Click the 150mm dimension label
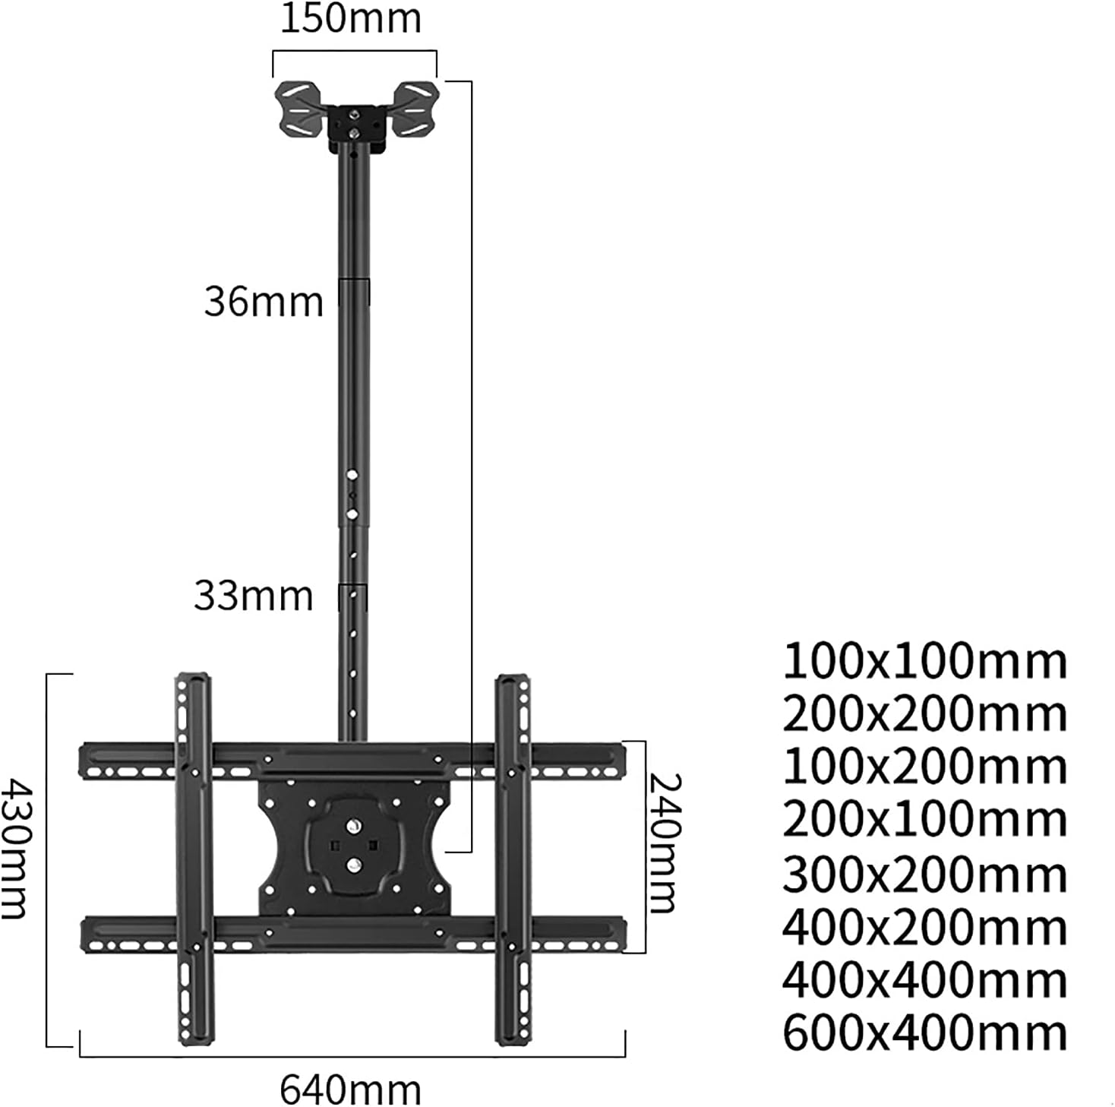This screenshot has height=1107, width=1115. (351, 19)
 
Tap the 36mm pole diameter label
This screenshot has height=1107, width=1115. (264, 302)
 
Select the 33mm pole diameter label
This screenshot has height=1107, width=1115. (254, 596)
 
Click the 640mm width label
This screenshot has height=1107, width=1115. (351, 1090)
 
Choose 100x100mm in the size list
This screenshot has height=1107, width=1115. (925, 662)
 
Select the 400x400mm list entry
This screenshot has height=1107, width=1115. (925, 981)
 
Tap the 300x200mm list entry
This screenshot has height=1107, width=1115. (925, 875)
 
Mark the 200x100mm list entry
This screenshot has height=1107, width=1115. (925, 820)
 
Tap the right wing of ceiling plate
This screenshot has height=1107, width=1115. (415, 111)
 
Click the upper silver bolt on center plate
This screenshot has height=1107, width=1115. (353, 825)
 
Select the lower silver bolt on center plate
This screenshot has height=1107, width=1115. (353, 864)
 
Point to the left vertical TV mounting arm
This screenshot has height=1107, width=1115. (193, 859)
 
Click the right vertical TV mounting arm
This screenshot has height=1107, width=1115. (513, 859)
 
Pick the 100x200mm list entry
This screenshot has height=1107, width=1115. (925, 767)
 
